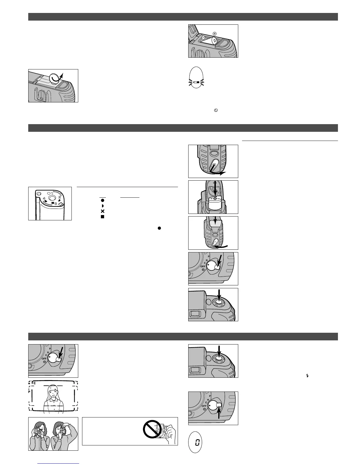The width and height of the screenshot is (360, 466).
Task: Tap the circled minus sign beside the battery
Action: click(x=203, y=38)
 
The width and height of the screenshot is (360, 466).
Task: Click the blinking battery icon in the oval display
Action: click(x=196, y=82)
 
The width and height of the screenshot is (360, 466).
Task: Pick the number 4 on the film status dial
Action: click(x=44, y=199)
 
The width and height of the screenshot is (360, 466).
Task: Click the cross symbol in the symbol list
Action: click(x=103, y=211)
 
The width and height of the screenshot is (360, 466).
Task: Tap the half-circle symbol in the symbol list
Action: click(x=103, y=206)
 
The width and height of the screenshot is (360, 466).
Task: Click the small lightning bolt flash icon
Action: click(x=307, y=376)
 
